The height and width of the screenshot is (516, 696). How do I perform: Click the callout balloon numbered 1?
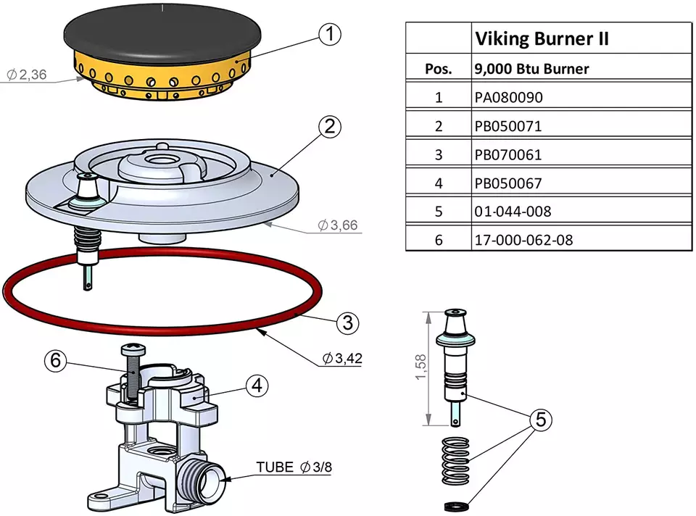pyautogui.click(x=330, y=33)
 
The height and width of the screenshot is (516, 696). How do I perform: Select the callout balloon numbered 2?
pyautogui.click(x=330, y=127)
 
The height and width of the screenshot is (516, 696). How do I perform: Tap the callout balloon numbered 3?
pyautogui.click(x=348, y=322)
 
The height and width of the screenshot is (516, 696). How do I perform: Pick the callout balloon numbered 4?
pyautogui.click(x=256, y=386)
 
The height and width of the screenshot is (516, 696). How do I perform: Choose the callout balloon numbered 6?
pyautogui.click(x=56, y=359)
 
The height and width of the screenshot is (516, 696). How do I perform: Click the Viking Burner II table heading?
pyautogui.click(x=541, y=38)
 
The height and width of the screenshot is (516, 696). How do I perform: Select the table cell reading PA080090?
pyautogui.click(x=507, y=97)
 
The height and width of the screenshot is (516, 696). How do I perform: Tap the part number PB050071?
pyautogui.click(x=507, y=126)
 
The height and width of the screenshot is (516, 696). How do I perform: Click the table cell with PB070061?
pyautogui.click(x=507, y=154)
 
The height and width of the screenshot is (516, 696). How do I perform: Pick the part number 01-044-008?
pyautogui.click(x=513, y=212)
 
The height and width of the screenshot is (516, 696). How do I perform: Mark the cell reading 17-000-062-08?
pyautogui.click(x=523, y=240)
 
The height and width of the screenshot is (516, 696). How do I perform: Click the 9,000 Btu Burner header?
pyautogui.click(x=531, y=70)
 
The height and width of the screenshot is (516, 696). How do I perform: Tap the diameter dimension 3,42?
pyautogui.click(x=341, y=359)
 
